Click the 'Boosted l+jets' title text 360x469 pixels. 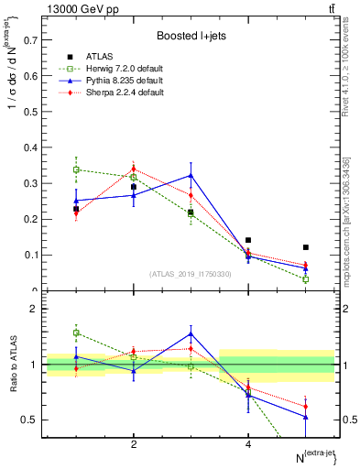[191, 36]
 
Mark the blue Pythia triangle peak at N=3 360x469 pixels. [191, 175]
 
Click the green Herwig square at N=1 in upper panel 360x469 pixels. [77, 169]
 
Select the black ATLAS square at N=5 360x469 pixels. [306, 247]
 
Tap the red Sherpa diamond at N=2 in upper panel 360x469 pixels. [134, 169]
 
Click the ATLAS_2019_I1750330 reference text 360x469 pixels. [191, 274]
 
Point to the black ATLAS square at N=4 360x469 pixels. [248, 240]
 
